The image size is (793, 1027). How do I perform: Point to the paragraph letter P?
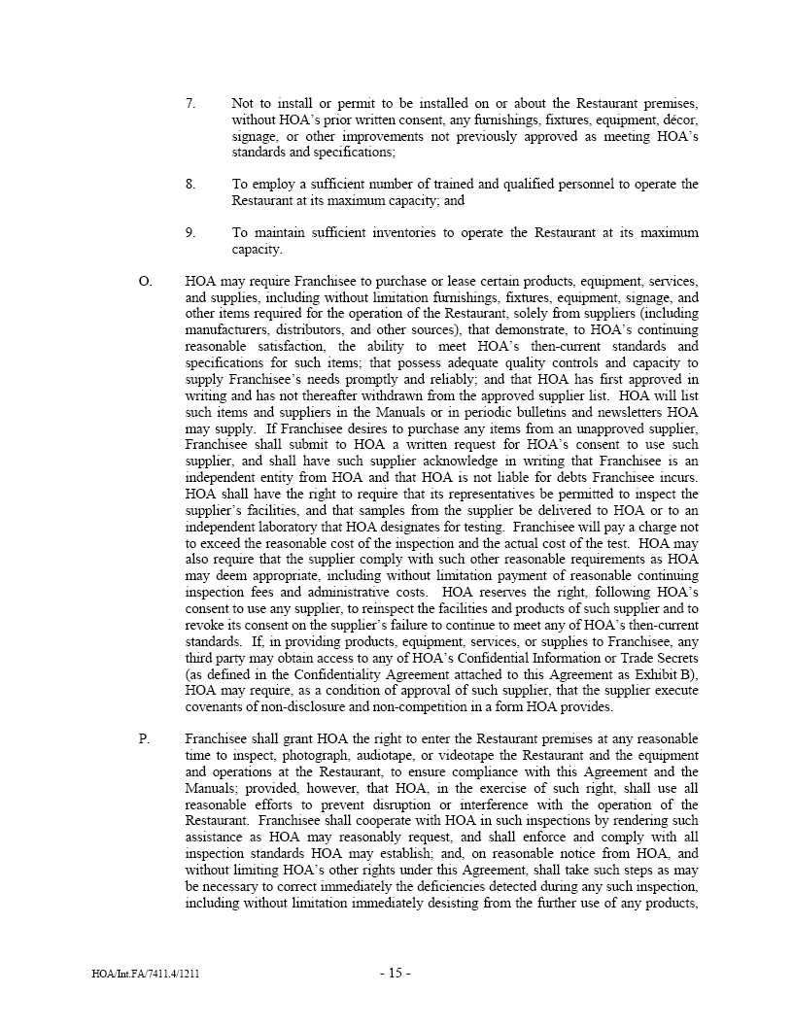click(x=144, y=739)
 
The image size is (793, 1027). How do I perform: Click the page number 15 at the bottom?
click(x=396, y=974)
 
